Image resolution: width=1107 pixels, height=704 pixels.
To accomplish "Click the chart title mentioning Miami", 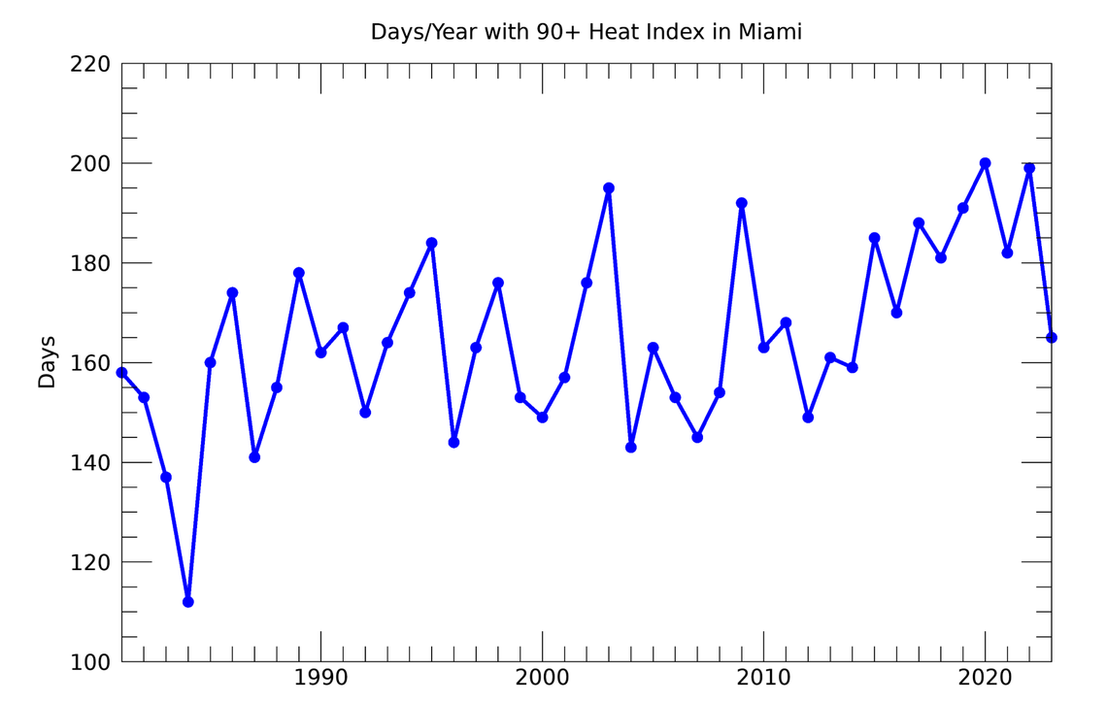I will pos(586,32).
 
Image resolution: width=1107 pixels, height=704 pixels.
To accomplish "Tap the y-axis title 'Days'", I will pos(47,362).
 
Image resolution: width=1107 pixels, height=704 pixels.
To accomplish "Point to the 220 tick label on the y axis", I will pos(89,64).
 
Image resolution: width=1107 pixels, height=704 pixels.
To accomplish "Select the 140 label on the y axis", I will pos(89,463).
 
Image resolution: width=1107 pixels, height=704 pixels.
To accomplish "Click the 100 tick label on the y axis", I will pos(89,662).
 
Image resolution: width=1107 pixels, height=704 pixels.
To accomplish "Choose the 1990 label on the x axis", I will pos(320,677).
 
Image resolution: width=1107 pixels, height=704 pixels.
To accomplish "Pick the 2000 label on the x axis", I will pos(542,677).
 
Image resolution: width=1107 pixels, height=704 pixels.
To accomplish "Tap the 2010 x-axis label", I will pos(763,677).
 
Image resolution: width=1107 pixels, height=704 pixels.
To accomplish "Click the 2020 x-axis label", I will pos(985,677).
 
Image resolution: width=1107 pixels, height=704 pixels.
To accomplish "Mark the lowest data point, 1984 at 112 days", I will pos(188,602).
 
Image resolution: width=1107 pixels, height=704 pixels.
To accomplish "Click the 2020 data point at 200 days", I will pos(985,163).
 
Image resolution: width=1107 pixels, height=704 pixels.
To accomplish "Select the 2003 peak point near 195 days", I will pos(609,188).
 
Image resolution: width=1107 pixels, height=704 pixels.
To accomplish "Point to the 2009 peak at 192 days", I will pos(742,203).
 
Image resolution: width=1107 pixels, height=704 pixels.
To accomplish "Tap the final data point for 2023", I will pos(1051,338).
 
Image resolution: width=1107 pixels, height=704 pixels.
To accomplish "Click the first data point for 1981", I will pos(121,373).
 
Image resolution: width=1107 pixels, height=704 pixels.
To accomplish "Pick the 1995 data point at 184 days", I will pos(432,243).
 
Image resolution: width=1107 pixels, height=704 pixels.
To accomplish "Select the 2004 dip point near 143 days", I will pos(631,448).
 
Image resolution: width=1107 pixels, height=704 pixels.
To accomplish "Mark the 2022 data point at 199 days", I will pos(1029,168).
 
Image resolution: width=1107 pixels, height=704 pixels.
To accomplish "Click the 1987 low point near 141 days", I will pos(254,457).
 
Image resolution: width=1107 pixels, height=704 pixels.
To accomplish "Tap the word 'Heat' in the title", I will pos(614,32).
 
